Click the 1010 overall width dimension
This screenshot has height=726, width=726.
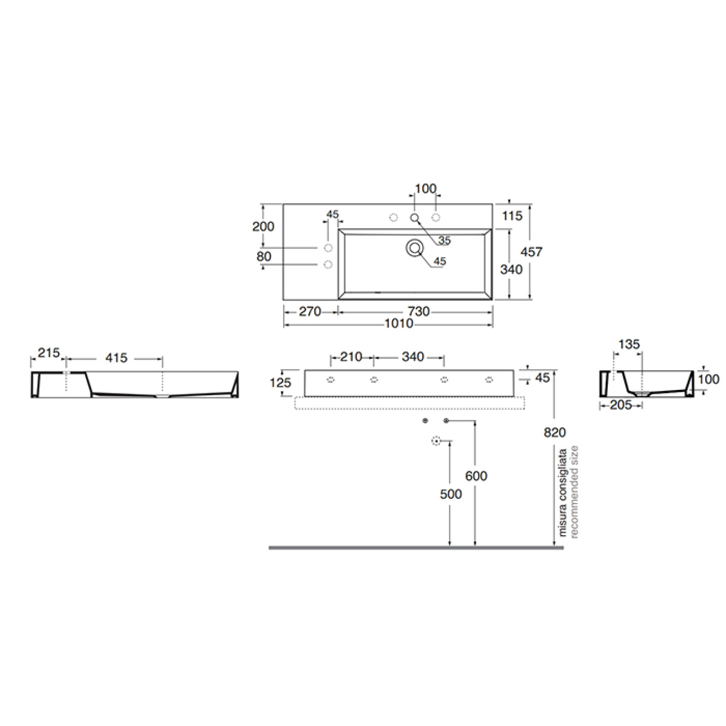pyautogui.click(x=399, y=324)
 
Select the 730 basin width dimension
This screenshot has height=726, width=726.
pyautogui.click(x=418, y=311)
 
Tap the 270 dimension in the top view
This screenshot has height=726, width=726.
pyautogui.click(x=310, y=311)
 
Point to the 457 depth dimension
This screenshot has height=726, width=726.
pyautogui.click(x=531, y=252)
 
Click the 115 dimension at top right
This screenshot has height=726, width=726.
pyautogui.click(x=512, y=216)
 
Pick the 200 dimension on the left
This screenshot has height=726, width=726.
pyautogui.click(x=263, y=227)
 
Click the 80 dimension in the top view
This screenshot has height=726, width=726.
pyautogui.click(x=264, y=257)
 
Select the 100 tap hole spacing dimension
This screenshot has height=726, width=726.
pyautogui.click(x=425, y=189)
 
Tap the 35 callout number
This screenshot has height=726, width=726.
pyautogui.click(x=444, y=240)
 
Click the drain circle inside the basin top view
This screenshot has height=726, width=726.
pyautogui.click(x=415, y=248)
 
